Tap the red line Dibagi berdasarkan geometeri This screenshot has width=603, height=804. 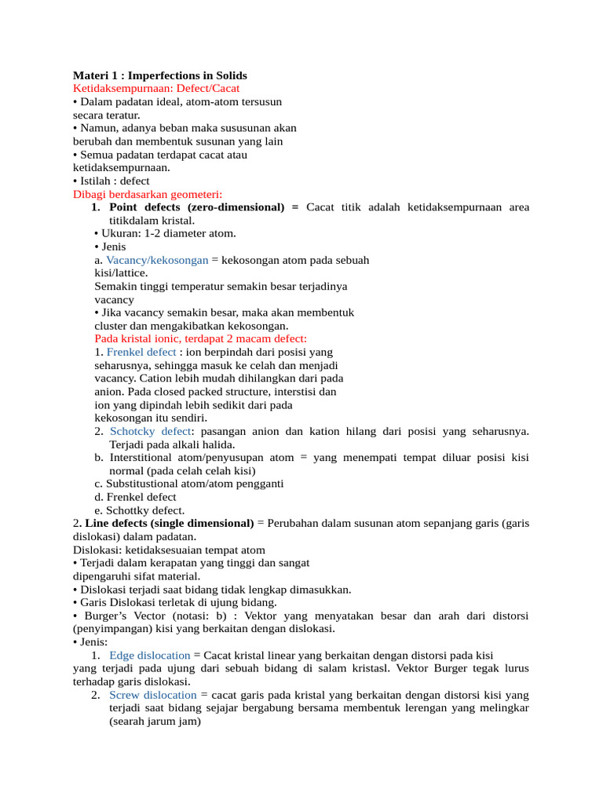coord(148,194)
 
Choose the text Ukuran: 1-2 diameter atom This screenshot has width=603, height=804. coord(168,233)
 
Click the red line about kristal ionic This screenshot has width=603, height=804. coord(200,338)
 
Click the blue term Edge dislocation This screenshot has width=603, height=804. coord(150,655)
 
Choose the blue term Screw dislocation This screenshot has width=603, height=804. coord(153,695)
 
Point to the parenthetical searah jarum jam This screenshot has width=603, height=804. coord(155,721)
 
